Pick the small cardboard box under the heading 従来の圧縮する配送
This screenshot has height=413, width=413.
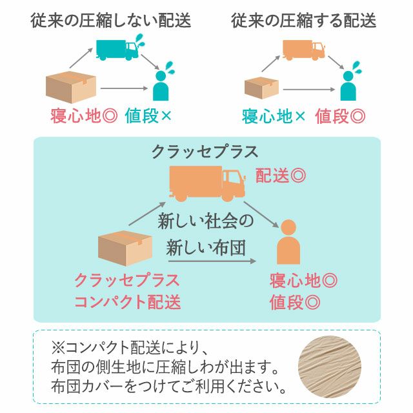(x=262, y=87)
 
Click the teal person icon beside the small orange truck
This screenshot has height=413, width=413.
(x=348, y=84)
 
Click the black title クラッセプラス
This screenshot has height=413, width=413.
(x=205, y=152)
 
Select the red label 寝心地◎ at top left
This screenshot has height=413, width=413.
(x=83, y=116)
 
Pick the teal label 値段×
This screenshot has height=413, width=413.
(x=148, y=116)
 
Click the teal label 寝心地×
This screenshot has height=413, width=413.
(x=274, y=116)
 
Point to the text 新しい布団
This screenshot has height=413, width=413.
(x=206, y=248)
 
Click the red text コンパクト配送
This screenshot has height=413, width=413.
(x=127, y=302)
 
